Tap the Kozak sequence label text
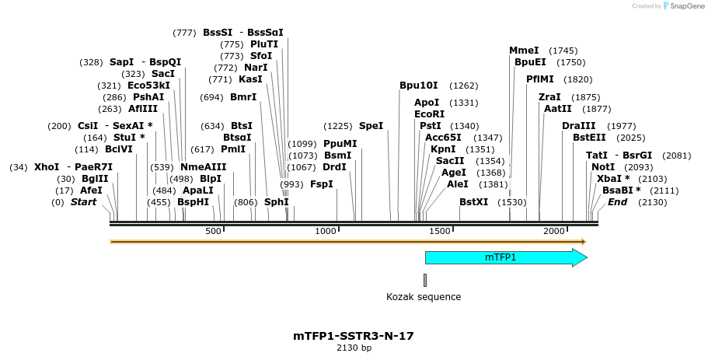click(x=424, y=297)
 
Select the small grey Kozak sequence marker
click(x=425, y=280)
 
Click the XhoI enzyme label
click(x=47, y=167)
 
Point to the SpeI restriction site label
click(x=371, y=126)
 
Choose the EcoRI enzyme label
click(x=429, y=114)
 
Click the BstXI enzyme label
click(x=473, y=202)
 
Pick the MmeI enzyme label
click(x=524, y=51)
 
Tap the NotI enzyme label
click(x=602, y=167)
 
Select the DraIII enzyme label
click(x=578, y=126)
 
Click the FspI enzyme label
click(x=321, y=184)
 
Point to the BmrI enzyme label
click(x=243, y=97)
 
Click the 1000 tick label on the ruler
click(x=326, y=231)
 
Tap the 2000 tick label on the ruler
click(x=554, y=231)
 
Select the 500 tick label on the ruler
click(x=213, y=231)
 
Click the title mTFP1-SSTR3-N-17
click(x=354, y=336)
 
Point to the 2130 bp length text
click(x=354, y=348)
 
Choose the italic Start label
click(x=83, y=202)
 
